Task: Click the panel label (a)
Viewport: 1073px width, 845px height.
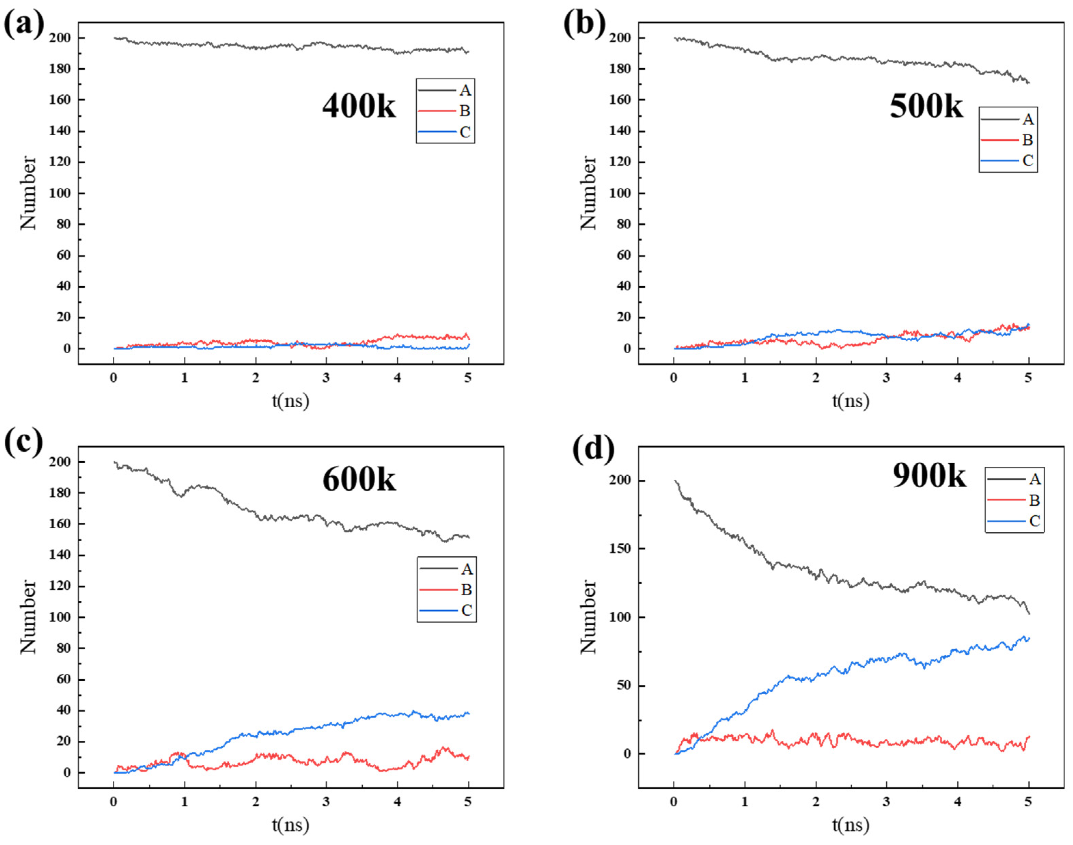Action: click(24, 25)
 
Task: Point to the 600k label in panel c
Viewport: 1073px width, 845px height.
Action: click(359, 479)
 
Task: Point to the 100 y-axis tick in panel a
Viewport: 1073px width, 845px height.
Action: click(59, 193)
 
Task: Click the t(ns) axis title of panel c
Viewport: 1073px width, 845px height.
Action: click(290, 825)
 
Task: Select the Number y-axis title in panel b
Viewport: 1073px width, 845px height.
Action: click(588, 193)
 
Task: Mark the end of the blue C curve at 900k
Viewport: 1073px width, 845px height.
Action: click(1029, 639)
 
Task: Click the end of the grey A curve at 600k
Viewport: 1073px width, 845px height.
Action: click(468, 537)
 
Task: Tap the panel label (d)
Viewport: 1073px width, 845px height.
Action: click(594, 448)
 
